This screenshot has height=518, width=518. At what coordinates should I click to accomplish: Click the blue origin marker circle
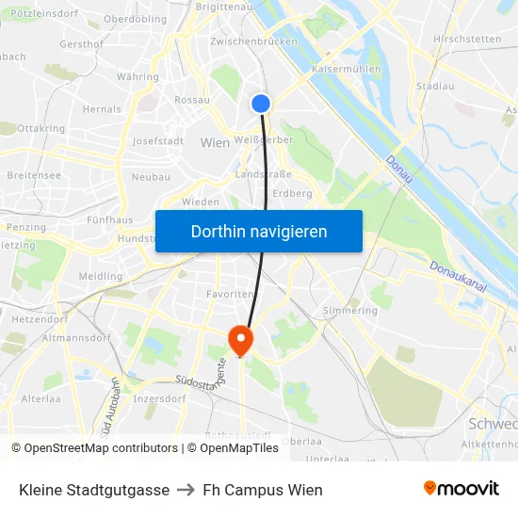261,104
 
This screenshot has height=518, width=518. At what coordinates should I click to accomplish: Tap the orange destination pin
241,339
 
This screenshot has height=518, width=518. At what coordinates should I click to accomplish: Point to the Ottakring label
40,128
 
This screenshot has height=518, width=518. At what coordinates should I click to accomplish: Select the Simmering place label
349,310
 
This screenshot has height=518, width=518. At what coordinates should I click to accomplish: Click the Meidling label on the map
101,277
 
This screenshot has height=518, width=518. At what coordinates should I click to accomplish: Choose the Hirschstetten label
467,39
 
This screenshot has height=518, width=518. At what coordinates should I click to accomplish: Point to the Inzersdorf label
158,398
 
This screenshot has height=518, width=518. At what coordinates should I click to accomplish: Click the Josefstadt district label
157,141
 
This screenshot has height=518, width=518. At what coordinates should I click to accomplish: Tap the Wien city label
216,142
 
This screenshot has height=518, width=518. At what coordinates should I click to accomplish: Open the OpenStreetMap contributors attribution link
94,448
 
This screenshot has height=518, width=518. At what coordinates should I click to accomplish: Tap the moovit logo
461,488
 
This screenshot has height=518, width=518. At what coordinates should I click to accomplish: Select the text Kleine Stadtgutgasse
94,490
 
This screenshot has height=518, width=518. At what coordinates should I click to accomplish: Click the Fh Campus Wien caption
263,490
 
